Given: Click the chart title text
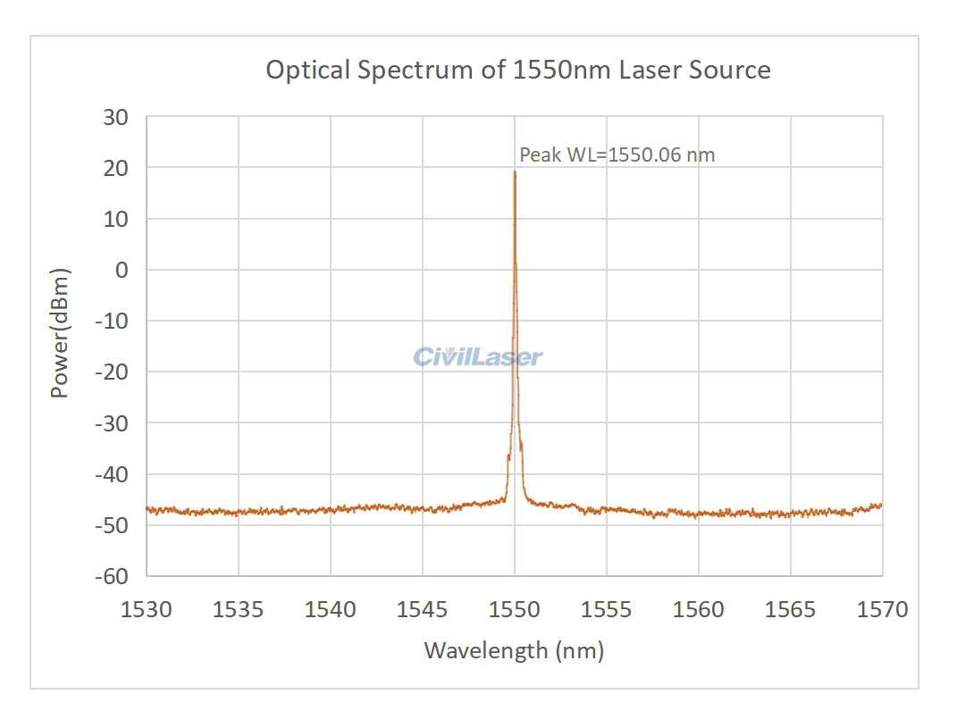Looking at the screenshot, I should tap(518, 70).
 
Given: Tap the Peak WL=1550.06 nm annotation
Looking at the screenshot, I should tap(617, 155).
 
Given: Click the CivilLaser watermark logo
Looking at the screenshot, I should tap(478, 357).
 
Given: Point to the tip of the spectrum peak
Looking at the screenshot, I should tap(515, 171).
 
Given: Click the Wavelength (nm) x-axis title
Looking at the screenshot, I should tap(514, 650).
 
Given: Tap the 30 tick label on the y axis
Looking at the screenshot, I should tap(116, 117).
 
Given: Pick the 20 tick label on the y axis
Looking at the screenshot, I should tap(116, 168).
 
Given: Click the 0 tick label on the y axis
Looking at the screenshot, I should tap(122, 270).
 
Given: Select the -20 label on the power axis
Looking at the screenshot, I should tap(113, 372).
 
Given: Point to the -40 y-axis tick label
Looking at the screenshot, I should tap(113, 474).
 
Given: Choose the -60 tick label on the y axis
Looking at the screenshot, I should tap(113, 576).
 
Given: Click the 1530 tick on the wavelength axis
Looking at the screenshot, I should tap(147, 610).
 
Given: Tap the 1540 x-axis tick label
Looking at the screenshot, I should tap(331, 610).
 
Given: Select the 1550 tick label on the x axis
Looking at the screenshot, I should tap(515, 610).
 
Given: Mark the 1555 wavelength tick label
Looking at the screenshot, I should tap(607, 610).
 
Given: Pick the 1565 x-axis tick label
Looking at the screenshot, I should tap(791, 610).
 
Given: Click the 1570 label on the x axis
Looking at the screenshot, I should tap(882, 610).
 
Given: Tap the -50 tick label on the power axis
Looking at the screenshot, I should tap(113, 525).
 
